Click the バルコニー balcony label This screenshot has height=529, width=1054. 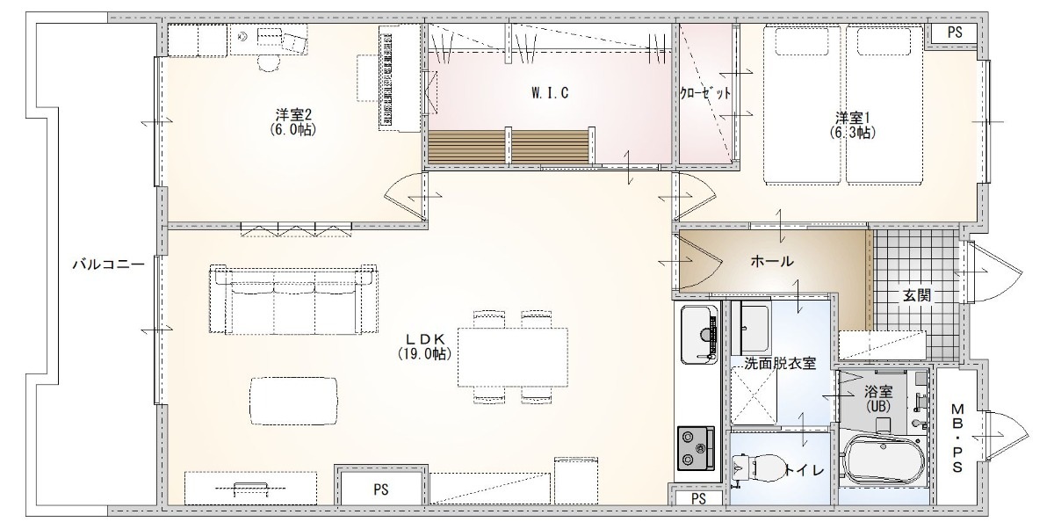pos(108,264)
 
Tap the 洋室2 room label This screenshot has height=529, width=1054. pos(293,115)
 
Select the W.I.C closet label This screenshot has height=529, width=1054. pos(550,93)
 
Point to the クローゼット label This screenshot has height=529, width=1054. pos(704,93)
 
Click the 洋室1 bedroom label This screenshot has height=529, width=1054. pos(852,118)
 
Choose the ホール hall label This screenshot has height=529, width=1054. pos(772,261)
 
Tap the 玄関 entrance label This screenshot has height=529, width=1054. pos(917,295)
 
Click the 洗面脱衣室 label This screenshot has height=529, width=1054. pos(780,363)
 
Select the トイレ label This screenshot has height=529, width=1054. pos(805,470)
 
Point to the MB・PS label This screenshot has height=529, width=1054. pos(957,438)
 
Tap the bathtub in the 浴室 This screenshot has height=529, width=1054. pos(884,460)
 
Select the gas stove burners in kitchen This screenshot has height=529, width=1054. pos(696,448)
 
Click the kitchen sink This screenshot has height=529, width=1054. pos(699,335)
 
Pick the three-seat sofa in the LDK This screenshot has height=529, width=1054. pos(293,300)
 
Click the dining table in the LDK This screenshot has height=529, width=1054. pos(513,358)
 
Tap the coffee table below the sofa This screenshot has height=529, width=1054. pos(293,401)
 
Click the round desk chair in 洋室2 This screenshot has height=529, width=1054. pos(268,63)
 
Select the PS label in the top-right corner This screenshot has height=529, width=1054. pos(955,33)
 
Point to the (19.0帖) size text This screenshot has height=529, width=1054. pos(424,353)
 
